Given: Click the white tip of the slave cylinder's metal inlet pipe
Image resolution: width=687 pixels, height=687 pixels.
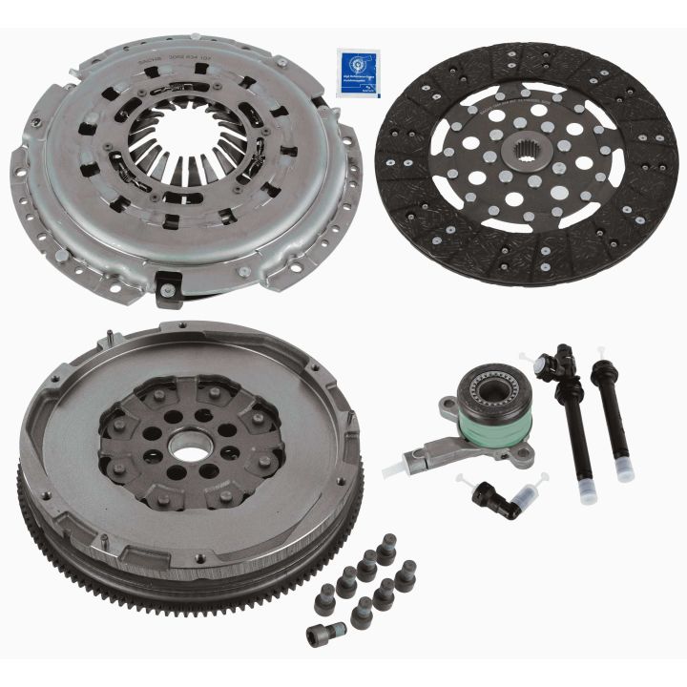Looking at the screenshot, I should click(x=390, y=470).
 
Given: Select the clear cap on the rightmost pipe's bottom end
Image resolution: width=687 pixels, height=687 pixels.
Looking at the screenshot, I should click(x=624, y=469).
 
